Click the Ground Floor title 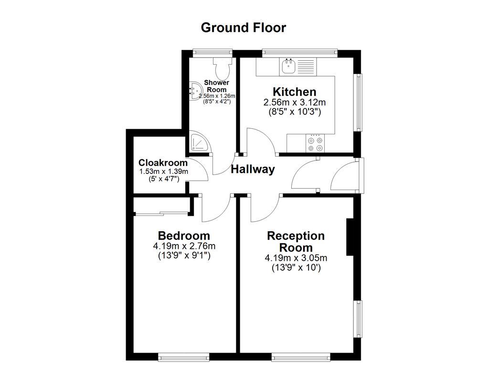[244, 28]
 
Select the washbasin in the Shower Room [196, 91]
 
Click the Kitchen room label [294, 91]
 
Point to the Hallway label [253, 169]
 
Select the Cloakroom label [163, 163]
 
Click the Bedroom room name [184, 235]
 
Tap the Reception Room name [296, 242]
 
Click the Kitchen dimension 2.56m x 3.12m [294, 102]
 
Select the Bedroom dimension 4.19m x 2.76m [184, 246]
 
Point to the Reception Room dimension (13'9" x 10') [296, 268]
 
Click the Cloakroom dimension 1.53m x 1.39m [163, 172]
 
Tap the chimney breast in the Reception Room [350, 237]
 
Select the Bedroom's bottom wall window [184, 356]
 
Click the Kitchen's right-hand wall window [358, 102]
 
